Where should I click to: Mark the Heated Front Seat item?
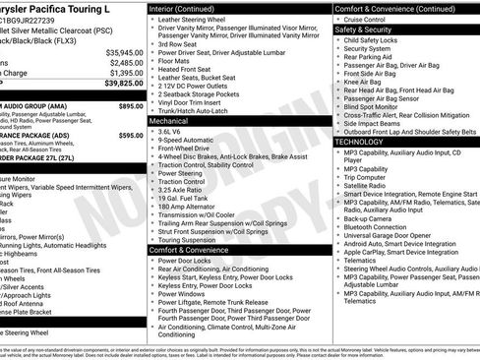click(x=187, y=69)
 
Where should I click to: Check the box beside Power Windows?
click(x=151, y=293)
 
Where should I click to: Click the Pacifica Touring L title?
click(x=59, y=8)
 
